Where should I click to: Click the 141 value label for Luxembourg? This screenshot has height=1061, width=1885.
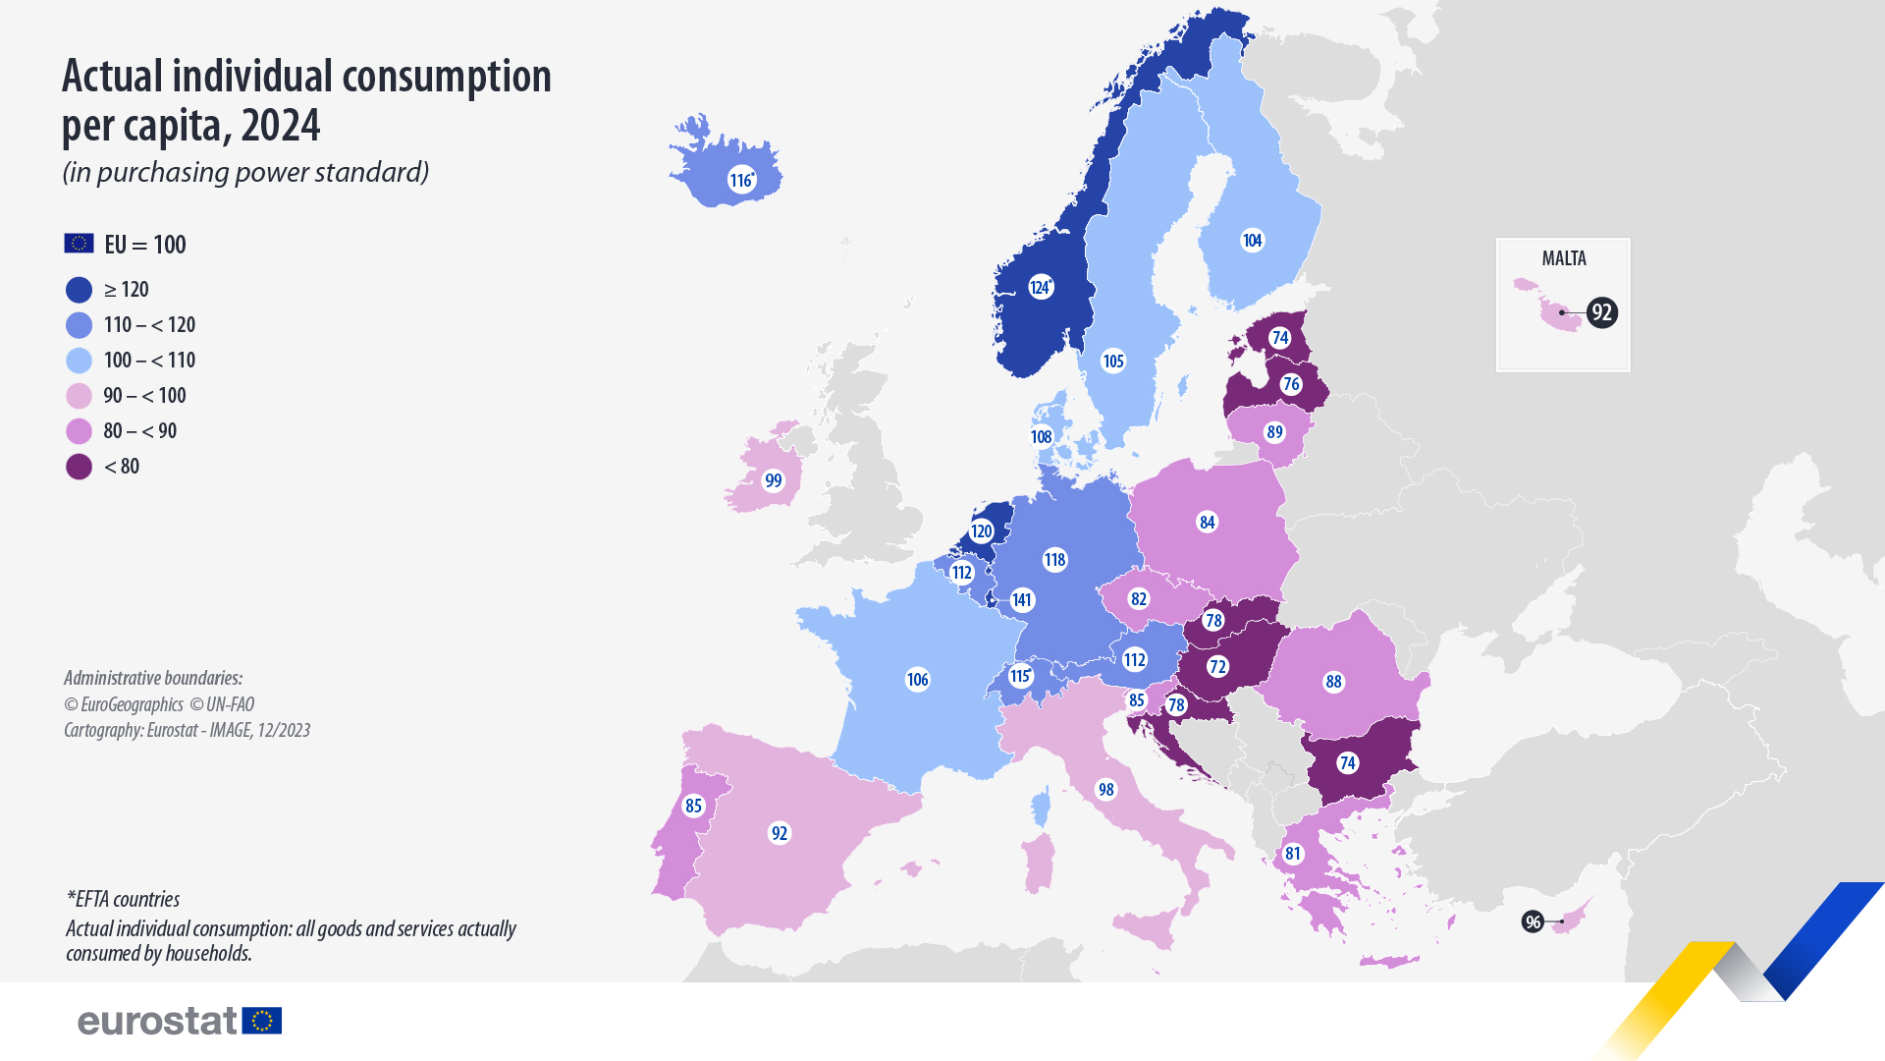(x=1022, y=600)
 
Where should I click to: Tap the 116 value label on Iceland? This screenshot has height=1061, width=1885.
(x=741, y=180)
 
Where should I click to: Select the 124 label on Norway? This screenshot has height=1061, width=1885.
(x=1041, y=287)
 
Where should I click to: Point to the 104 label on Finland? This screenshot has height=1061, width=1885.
(x=1252, y=241)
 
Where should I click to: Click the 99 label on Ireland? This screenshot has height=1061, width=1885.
(x=774, y=480)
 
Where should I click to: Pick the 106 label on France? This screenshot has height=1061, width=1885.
(x=917, y=679)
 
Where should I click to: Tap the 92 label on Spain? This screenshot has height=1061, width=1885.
(x=780, y=833)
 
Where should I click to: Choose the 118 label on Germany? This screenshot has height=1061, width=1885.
(x=1054, y=560)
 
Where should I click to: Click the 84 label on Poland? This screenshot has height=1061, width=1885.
(x=1208, y=523)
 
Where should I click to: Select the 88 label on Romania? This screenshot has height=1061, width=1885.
(x=1333, y=682)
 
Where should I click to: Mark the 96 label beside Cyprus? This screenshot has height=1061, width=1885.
(x=1533, y=921)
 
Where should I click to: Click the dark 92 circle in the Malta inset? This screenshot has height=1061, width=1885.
(x=1601, y=312)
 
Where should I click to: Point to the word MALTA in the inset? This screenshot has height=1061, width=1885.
(x=1564, y=258)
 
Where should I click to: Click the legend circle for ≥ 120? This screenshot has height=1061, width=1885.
(x=79, y=290)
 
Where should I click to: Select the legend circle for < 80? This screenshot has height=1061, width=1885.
(x=79, y=467)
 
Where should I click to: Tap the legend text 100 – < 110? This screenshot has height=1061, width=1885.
(x=149, y=361)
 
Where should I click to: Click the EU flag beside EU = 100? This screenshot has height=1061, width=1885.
(x=79, y=244)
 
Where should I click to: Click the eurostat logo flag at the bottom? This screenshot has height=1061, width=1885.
(x=262, y=1021)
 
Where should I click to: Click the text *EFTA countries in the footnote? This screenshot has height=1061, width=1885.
(x=124, y=899)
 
